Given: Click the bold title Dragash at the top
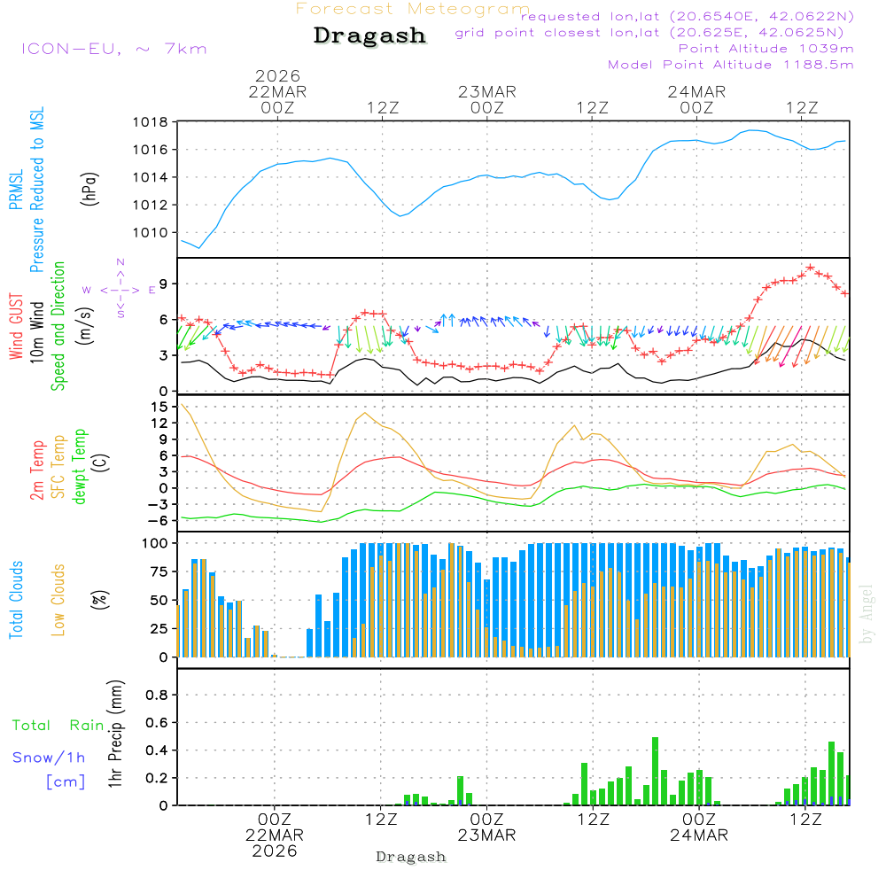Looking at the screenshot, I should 369,36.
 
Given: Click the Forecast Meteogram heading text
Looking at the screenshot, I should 413,9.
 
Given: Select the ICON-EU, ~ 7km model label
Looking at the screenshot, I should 113,49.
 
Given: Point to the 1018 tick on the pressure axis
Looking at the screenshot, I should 151,122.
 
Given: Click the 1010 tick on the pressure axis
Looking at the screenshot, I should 151,233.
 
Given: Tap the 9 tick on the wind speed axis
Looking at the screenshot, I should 164,284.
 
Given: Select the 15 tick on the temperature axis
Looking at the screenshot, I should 160,407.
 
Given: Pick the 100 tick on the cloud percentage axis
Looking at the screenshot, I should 156,542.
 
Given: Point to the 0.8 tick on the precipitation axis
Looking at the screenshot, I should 157,696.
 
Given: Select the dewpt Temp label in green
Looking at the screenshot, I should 81,467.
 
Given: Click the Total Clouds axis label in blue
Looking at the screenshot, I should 17,600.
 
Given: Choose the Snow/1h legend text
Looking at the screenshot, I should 50,758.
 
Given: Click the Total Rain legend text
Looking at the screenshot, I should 58,726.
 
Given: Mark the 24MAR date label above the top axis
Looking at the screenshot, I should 697,92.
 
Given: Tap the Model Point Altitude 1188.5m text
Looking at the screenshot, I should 731,65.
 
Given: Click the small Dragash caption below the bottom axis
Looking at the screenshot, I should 411,857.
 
